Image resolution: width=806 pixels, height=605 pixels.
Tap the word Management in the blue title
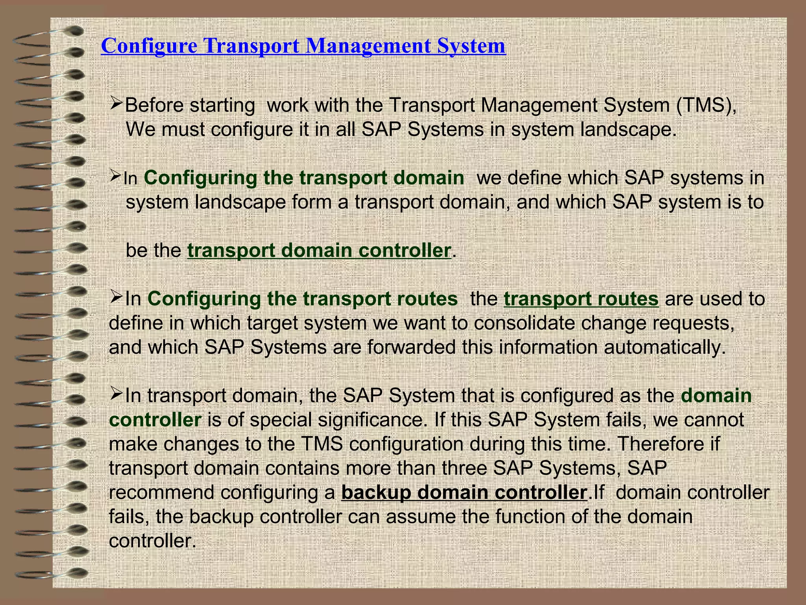(x=368, y=46)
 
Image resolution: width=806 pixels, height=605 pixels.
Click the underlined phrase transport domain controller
(x=319, y=251)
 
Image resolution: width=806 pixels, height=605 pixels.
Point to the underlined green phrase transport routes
(x=581, y=299)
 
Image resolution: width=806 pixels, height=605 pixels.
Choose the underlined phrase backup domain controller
(x=464, y=492)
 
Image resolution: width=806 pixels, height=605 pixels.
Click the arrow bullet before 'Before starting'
(x=117, y=104)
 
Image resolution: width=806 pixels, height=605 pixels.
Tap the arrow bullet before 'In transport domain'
(x=117, y=394)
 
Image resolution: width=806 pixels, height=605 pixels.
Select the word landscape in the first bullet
(x=628, y=130)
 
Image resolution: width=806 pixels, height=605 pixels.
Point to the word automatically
(x=665, y=347)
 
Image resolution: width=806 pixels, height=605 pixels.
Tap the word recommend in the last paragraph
(x=161, y=492)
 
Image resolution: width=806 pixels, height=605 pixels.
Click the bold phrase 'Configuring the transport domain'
(x=304, y=178)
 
